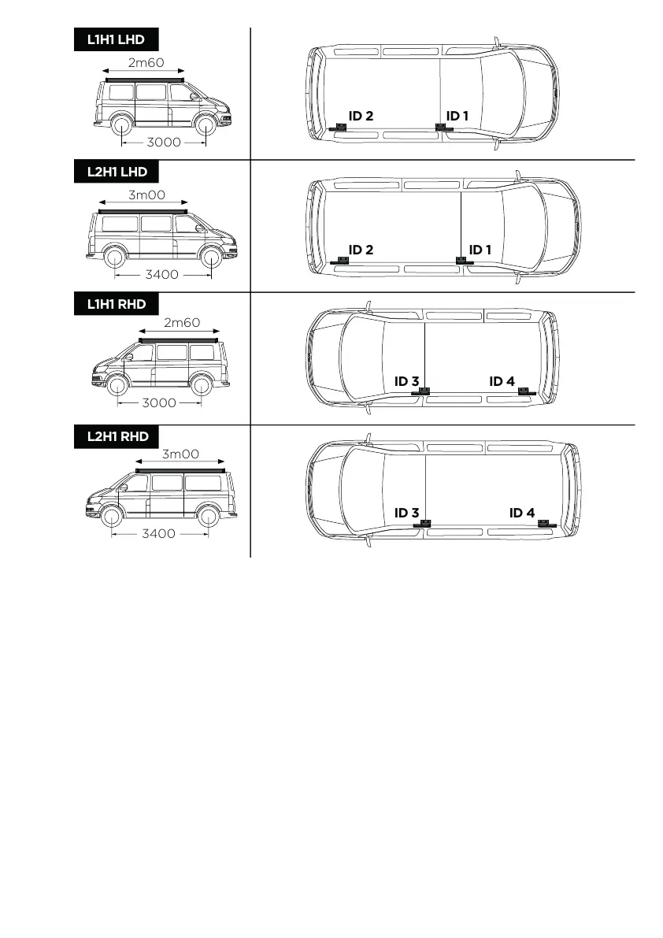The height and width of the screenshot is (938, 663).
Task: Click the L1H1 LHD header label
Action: [x=116, y=40]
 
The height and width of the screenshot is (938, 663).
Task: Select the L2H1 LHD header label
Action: [x=116, y=172]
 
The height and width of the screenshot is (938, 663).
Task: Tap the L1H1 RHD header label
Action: [x=116, y=304]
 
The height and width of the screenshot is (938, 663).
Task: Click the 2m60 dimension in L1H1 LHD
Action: [x=146, y=62]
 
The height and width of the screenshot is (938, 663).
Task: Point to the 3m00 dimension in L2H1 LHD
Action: [x=146, y=195]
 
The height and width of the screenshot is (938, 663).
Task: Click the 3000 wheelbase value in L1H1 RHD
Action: [x=158, y=402]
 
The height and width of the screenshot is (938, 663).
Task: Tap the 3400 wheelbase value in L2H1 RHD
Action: [x=158, y=534]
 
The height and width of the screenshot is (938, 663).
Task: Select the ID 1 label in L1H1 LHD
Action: [x=457, y=116]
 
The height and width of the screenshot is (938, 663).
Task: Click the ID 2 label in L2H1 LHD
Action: [x=361, y=250]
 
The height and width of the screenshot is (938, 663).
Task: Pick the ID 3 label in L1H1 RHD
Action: [x=406, y=381]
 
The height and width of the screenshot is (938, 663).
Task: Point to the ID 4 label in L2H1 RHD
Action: [x=522, y=513]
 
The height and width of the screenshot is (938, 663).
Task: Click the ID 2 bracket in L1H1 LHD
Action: [x=339, y=128]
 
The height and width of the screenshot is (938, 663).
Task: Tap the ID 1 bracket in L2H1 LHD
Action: [x=462, y=261]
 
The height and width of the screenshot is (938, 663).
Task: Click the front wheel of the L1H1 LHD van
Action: [x=205, y=126]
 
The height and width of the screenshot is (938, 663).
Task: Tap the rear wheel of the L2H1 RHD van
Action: [x=208, y=517]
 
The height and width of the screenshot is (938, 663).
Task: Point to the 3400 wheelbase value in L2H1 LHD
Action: [x=162, y=275]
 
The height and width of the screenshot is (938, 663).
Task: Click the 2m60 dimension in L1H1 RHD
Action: [x=182, y=322]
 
